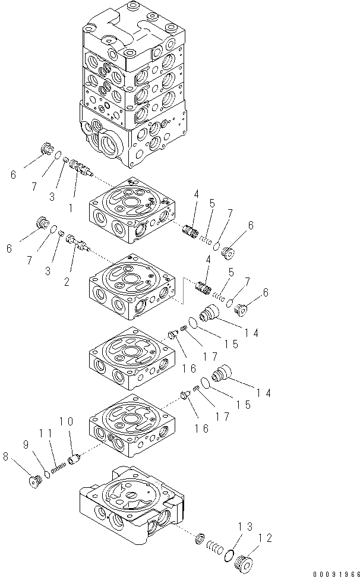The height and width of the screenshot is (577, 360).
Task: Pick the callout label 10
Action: pos(67,421)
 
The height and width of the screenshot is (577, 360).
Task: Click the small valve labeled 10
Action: pos(74,460)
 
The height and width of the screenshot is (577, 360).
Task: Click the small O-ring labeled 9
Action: pos(45,474)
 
